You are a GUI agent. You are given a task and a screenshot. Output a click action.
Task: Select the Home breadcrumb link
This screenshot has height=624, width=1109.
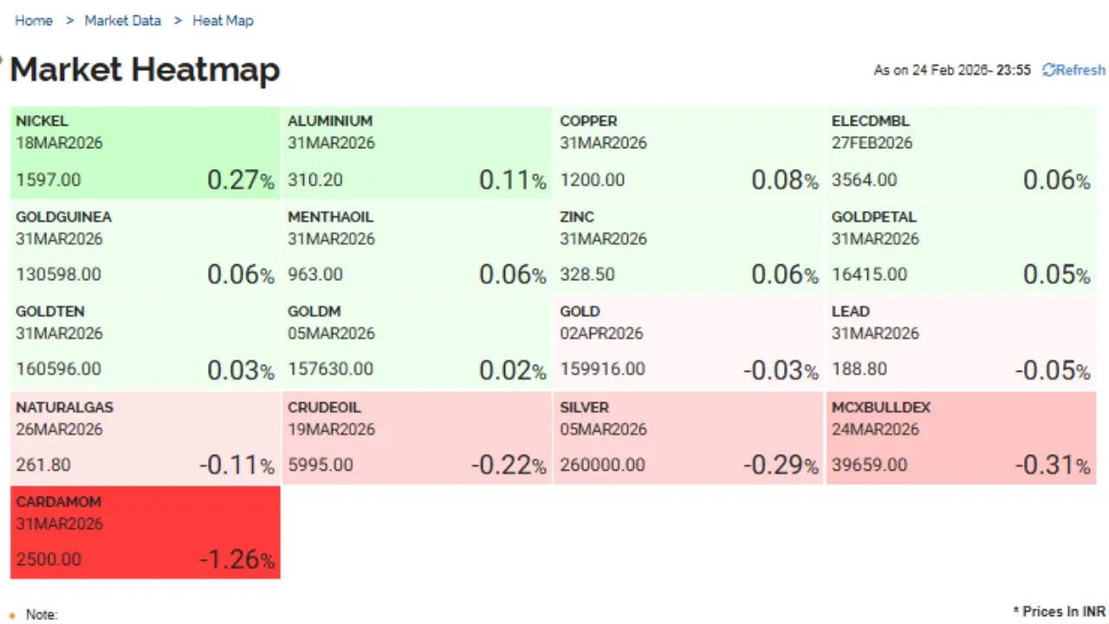(x=34, y=21)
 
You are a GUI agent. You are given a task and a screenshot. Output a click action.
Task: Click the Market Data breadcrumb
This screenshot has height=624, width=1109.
(x=123, y=21)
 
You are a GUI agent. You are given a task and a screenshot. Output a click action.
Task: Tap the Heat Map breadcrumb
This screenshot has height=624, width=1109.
(x=223, y=21)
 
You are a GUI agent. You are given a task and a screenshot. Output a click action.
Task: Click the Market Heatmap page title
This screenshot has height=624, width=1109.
(x=145, y=70)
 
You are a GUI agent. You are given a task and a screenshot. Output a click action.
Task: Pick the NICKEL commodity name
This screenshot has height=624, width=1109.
(x=42, y=121)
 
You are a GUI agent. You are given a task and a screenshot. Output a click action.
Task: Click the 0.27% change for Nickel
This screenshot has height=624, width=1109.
(x=240, y=180)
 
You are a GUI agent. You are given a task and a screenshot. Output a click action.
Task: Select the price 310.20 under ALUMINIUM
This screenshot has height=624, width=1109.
(x=315, y=180)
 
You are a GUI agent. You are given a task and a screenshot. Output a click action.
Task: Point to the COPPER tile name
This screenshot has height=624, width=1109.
(x=588, y=121)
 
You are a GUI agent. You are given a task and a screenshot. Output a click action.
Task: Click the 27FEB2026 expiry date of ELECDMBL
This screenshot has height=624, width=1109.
(x=872, y=143)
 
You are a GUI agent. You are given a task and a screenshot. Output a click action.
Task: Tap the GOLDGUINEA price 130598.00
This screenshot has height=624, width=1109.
(x=58, y=275)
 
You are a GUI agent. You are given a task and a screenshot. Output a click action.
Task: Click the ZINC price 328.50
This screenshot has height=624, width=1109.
(x=587, y=275)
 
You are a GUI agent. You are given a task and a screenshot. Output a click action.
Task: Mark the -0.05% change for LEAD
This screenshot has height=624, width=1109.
(x=1052, y=370)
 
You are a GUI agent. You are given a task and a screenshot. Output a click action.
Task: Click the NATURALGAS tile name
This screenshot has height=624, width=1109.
(x=64, y=407)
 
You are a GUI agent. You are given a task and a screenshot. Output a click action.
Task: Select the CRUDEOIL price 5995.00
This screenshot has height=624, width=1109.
(x=321, y=465)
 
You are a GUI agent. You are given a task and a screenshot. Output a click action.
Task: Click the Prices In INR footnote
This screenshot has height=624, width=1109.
(x=1059, y=612)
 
